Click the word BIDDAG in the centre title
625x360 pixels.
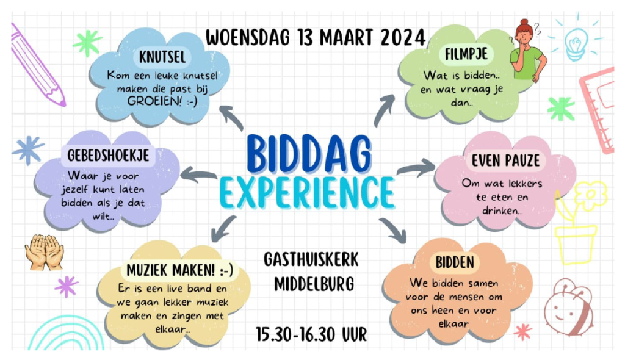309,154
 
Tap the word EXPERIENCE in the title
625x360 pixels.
307,193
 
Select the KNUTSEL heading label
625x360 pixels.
162,57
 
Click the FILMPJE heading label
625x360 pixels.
466,54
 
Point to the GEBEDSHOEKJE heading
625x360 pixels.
108,156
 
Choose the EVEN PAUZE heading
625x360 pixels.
505,160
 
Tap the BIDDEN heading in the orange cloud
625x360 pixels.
454,262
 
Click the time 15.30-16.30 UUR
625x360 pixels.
311,334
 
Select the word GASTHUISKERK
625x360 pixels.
311,259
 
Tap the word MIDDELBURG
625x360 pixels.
314,284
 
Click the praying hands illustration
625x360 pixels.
44,253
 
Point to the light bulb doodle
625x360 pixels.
576,44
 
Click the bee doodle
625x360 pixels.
569,307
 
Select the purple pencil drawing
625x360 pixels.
37,65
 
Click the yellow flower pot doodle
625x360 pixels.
576,245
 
